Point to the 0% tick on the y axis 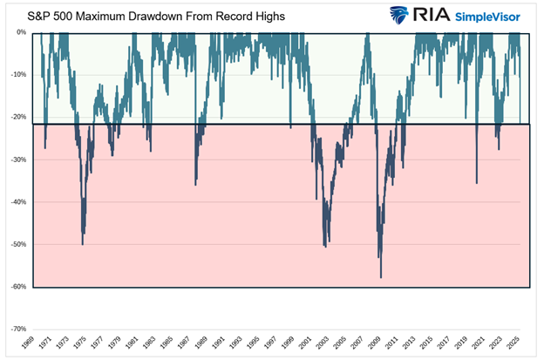point(22,32)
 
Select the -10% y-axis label point(19,75)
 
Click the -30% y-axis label point(19,160)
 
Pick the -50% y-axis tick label point(19,244)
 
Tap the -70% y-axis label point(19,329)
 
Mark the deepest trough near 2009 point(381,277)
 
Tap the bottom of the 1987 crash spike point(195,184)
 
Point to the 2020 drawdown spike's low point(476,182)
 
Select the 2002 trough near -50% point(325,247)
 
